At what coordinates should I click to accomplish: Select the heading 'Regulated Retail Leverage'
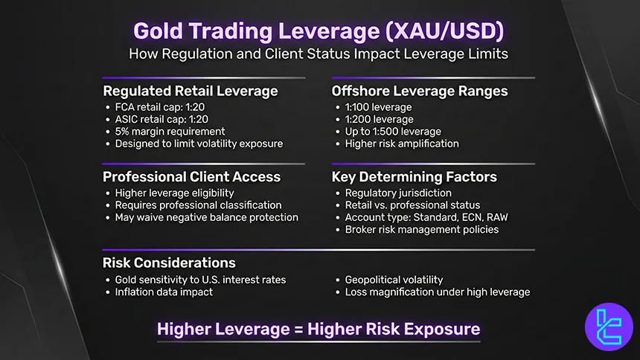tap(190, 91)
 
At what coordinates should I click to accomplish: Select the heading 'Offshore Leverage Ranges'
tap(420, 91)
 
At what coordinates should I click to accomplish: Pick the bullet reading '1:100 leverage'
tap(378, 107)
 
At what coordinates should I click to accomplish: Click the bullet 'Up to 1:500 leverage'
tap(392, 132)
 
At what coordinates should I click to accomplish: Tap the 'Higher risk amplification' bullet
tap(402, 144)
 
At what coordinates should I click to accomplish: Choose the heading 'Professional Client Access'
tap(191, 177)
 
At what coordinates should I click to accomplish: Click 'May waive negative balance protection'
tap(206, 217)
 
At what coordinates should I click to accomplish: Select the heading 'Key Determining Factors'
tap(414, 177)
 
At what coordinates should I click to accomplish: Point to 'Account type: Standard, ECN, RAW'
tap(426, 217)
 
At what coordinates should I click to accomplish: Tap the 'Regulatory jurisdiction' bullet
tap(397, 193)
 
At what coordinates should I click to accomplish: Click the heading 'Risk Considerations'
tap(169, 263)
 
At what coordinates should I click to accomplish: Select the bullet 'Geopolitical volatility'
tap(394, 280)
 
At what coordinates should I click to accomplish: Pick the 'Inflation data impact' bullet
tap(164, 292)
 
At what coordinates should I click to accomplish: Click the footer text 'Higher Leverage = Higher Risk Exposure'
tap(319, 329)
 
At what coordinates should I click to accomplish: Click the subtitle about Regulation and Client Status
tap(319, 54)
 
